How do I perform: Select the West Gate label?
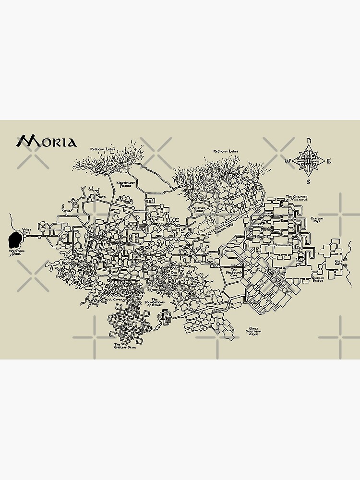26,231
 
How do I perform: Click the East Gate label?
338,263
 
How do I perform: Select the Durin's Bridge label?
318,279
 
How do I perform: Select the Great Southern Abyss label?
254,331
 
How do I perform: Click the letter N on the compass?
309,140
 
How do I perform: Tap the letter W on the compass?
287,161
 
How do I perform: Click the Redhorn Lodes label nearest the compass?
226,152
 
